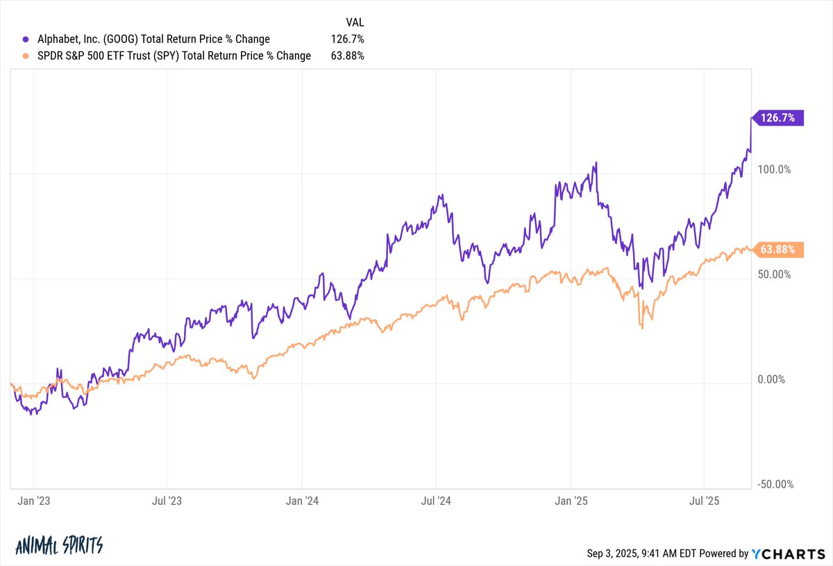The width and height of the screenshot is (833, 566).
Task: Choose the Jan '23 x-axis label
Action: tap(34, 500)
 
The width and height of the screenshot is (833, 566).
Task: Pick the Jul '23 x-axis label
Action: tap(167, 500)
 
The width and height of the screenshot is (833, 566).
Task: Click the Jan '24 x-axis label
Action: tap(302, 500)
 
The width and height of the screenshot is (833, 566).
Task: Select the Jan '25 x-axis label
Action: tap(571, 500)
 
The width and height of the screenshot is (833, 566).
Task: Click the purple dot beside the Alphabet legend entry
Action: tap(27, 40)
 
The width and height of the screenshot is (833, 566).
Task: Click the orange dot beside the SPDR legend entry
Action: tap(27, 56)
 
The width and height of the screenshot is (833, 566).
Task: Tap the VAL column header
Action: tap(355, 22)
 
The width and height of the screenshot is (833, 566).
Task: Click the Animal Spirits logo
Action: tap(58, 545)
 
